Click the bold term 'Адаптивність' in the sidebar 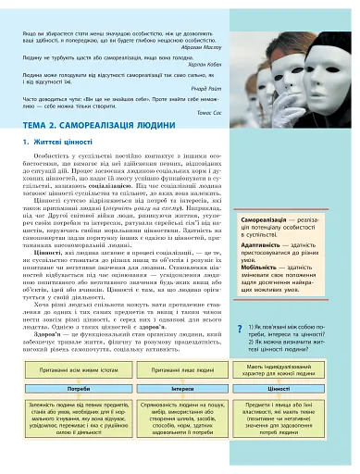click(x=262, y=244)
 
